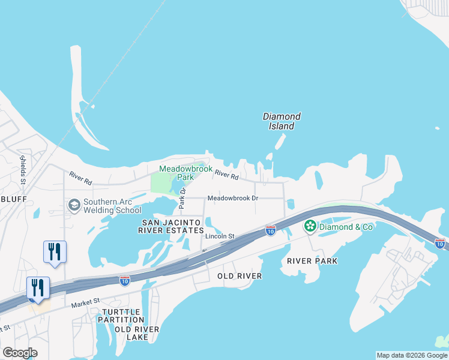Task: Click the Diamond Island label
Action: click(x=282, y=121)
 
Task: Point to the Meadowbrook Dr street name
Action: click(x=232, y=198)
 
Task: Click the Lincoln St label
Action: click(x=219, y=236)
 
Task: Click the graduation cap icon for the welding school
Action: click(x=74, y=206)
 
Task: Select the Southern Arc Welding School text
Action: click(x=112, y=206)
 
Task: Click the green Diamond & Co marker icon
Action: click(x=310, y=226)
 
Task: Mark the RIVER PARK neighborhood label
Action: click(x=312, y=261)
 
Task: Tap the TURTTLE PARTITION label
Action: click(x=122, y=316)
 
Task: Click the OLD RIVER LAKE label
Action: click(x=137, y=333)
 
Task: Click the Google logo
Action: click(x=20, y=353)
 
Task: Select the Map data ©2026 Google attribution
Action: click(x=412, y=355)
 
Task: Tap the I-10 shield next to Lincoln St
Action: click(x=271, y=230)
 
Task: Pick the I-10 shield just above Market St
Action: click(x=124, y=281)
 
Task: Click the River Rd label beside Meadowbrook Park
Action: click(x=226, y=175)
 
